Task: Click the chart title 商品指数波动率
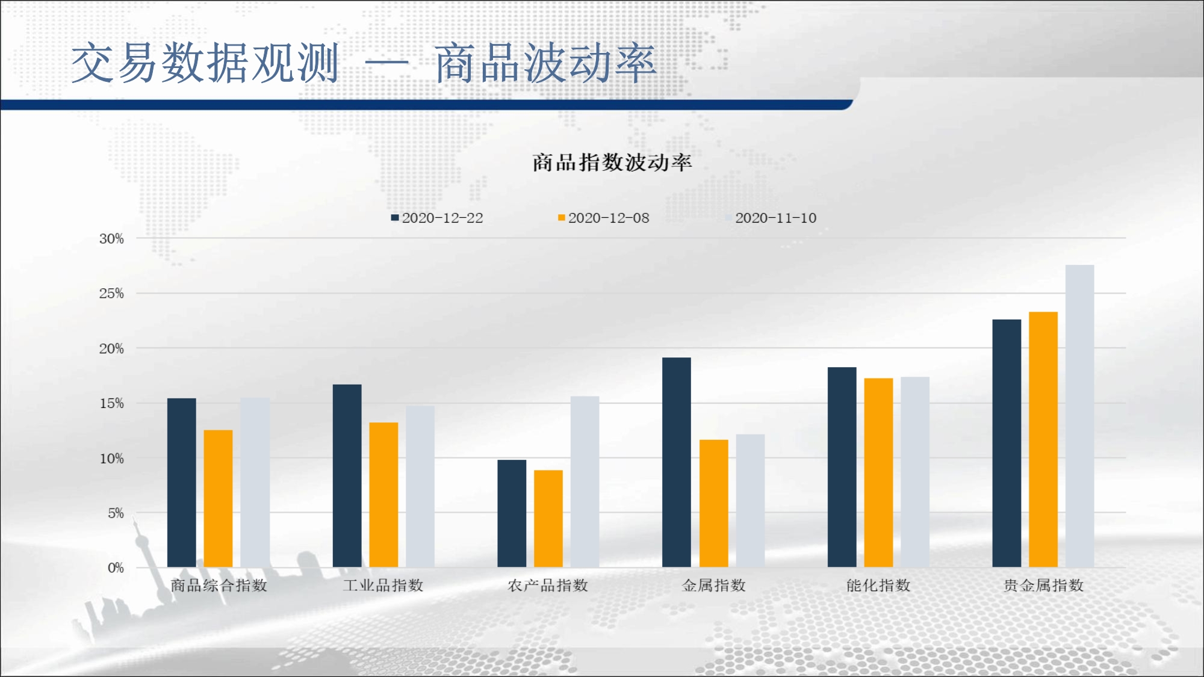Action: (x=612, y=162)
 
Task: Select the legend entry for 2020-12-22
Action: (x=437, y=218)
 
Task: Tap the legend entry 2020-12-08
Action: (x=604, y=218)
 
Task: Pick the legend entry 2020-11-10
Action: (x=771, y=218)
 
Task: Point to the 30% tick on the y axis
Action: (x=111, y=239)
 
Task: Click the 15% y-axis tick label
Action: (x=111, y=403)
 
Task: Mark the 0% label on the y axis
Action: (x=116, y=567)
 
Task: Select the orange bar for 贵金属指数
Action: (x=1043, y=439)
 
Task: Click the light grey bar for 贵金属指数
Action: (x=1080, y=416)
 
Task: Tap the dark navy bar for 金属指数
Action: (x=677, y=462)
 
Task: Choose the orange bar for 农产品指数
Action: (x=548, y=518)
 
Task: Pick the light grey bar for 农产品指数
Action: (x=585, y=481)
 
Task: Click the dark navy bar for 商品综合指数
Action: (x=182, y=483)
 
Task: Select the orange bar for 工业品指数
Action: (x=383, y=495)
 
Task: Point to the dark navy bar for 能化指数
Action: (x=842, y=467)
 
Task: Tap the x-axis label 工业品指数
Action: (x=383, y=585)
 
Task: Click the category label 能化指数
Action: (x=878, y=585)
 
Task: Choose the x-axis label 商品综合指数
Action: (x=219, y=585)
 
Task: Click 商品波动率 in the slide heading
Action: (x=545, y=63)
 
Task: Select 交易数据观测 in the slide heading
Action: (x=205, y=63)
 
